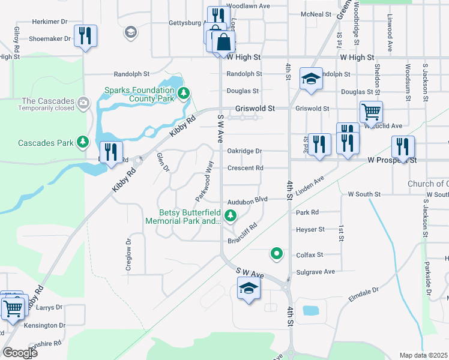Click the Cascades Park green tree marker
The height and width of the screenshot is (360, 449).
click(x=83, y=142)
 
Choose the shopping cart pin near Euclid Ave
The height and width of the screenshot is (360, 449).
click(x=371, y=112)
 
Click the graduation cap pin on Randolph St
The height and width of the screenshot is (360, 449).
click(x=311, y=79)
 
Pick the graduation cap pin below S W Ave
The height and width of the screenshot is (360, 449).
click(x=249, y=289)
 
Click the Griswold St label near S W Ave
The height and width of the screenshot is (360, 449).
click(x=255, y=109)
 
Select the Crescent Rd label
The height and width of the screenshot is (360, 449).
click(x=245, y=168)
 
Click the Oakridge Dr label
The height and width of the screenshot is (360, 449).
click(x=244, y=151)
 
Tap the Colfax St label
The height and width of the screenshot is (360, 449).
click(x=310, y=255)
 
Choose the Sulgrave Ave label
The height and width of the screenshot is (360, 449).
click(x=316, y=272)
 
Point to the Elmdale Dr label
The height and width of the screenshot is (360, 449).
click(x=364, y=294)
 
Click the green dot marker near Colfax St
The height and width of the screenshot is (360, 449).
click(x=276, y=254)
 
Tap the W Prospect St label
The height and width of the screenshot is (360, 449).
click(x=392, y=160)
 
